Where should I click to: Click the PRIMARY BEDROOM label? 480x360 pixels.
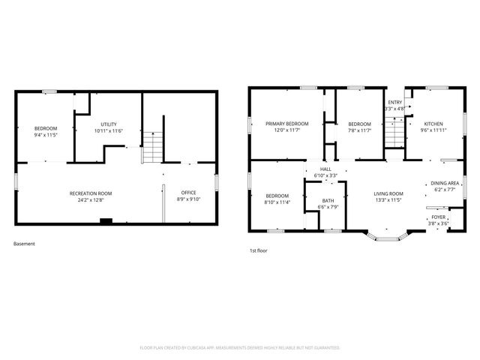[x=287, y=124]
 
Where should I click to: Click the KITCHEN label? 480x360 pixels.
[x=433, y=124]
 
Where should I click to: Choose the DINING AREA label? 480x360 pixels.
[x=445, y=183]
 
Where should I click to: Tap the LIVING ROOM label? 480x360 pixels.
[x=389, y=193]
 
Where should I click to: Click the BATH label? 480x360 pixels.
[x=328, y=200]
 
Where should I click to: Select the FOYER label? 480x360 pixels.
[x=438, y=217]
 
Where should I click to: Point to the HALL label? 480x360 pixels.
[x=325, y=169]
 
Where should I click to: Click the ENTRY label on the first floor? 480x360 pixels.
[x=394, y=102]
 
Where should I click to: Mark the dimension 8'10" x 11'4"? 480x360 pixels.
[x=277, y=202]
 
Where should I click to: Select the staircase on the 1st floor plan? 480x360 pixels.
[x=394, y=134]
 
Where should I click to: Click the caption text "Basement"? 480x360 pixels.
[x=24, y=244]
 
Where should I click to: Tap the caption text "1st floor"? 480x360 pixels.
[x=259, y=250]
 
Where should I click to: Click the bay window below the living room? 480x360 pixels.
[x=388, y=238]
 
